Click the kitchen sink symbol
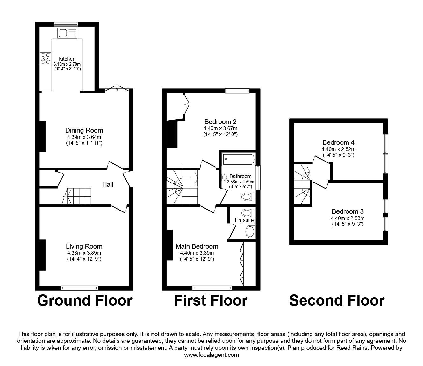click(x=67, y=33)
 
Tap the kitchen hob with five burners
click(x=46, y=58)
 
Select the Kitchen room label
click(x=67, y=59)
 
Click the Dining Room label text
click(x=84, y=130)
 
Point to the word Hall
click(x=108, y=184)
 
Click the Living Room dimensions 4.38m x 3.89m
click(x=84, y=253)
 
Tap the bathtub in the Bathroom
click(x=239, y=159)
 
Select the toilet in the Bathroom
click(x=248, y=197)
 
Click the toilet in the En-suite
click(x=248, y=213)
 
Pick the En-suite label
click(x=244, y=220)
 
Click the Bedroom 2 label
click(x=220, y=122)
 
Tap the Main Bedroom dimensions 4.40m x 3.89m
click(x=197, y=253)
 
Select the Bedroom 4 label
click(x=339, y=142)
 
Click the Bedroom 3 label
click(x=348, y=211)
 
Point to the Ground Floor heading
click(x=85, y=300)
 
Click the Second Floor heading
click(x=337, y=300)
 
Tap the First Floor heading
click(x=211, y=300)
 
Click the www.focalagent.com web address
click(x=211, y=355)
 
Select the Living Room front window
click(x=79, y=288)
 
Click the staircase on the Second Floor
click(x=302, y=184)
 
